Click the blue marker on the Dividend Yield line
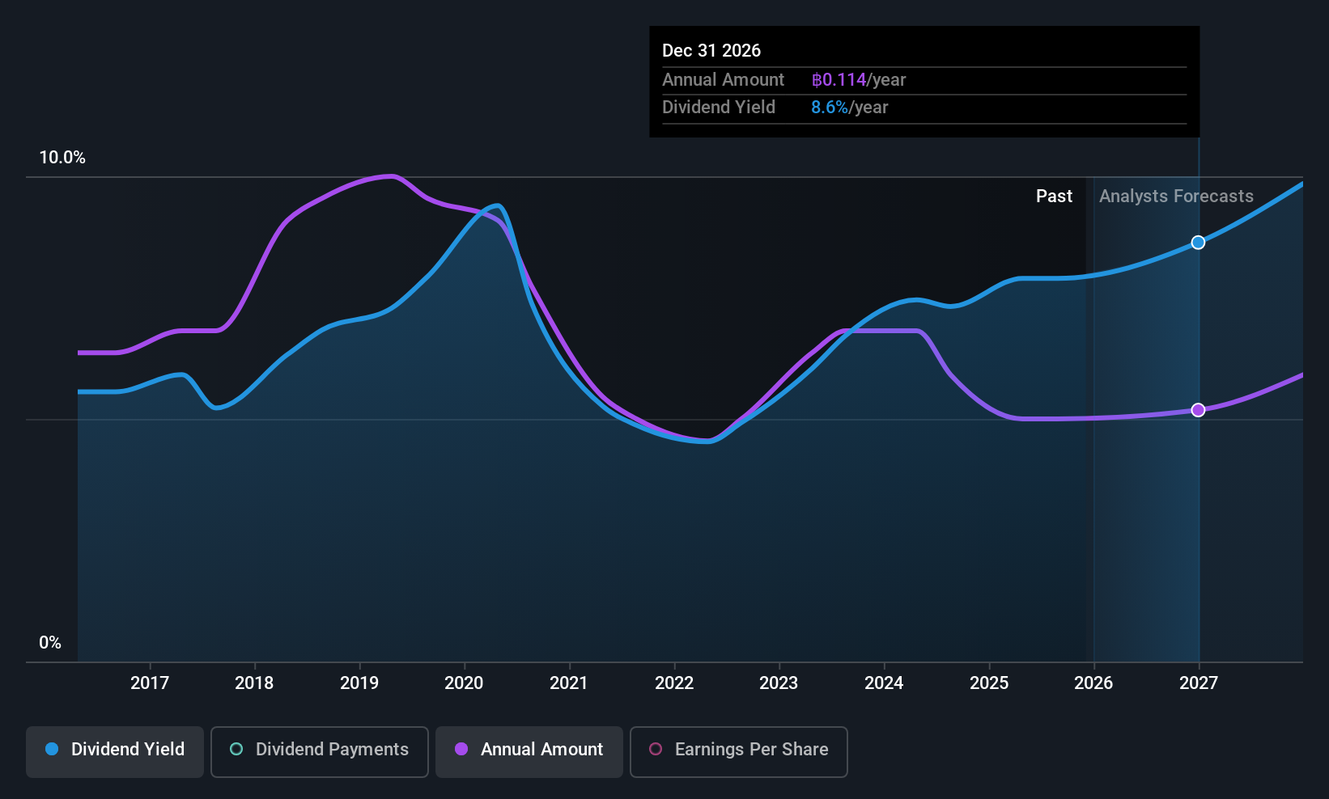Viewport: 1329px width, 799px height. click(1198, 243)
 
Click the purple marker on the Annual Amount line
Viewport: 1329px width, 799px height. click(1198, 410)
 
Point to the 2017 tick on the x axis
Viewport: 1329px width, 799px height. click(150, 683)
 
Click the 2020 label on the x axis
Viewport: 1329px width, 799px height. click(464, 683)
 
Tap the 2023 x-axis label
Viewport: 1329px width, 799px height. click(779, 683)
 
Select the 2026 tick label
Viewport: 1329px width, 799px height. click(1093, 683)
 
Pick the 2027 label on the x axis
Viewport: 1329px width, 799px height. click(1198, 683)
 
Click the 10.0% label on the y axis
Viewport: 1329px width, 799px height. click(62, 158)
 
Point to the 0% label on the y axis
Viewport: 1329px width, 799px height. click(50, 643)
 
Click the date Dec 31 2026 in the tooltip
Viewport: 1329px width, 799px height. click(711, 51)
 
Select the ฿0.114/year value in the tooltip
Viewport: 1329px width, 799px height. click(858, 80)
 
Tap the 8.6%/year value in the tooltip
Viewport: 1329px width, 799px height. click(849, 108)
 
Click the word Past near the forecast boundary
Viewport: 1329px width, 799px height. click(1054, 197)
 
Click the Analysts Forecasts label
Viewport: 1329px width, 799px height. click(1176, 197)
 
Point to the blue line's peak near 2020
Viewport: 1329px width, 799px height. click(498, 205)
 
